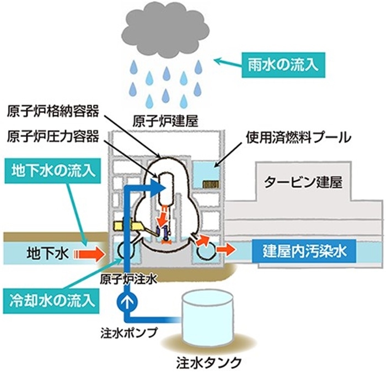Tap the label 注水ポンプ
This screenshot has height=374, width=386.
click(x=137, y=333)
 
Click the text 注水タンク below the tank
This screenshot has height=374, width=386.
click(x=209, y=363)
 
